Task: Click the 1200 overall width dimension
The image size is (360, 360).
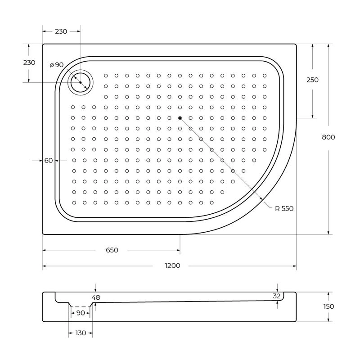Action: pyautogui.click(x=172, y=265)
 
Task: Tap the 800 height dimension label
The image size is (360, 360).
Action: pyautogui.click(x=328, y=137)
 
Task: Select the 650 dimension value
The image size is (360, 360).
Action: pyautogui.click(x=112, y=250)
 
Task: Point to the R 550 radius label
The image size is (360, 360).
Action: pyautogui.click(x=284, y=208)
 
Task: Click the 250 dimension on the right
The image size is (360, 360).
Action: pyautogui.click(x=312, y=80)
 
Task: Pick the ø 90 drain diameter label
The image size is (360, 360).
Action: pyautogui.click(x=57, y=65)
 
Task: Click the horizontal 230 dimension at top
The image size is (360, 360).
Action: pyautogui.click(x=61, y=31)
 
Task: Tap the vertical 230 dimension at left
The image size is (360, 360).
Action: pyautogui.click(x=29, y=63)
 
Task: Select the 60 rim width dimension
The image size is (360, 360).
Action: pyautogui.click(x=49, y=161)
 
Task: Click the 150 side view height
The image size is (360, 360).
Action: pyautogui.click(x=328, y=306)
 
